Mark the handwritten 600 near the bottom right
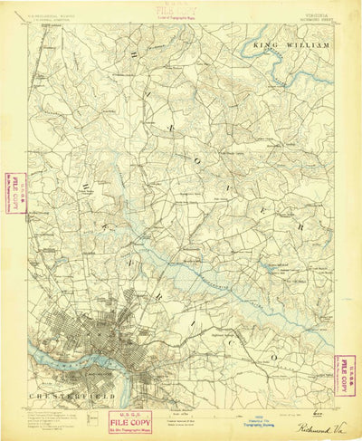coord(314,408)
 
